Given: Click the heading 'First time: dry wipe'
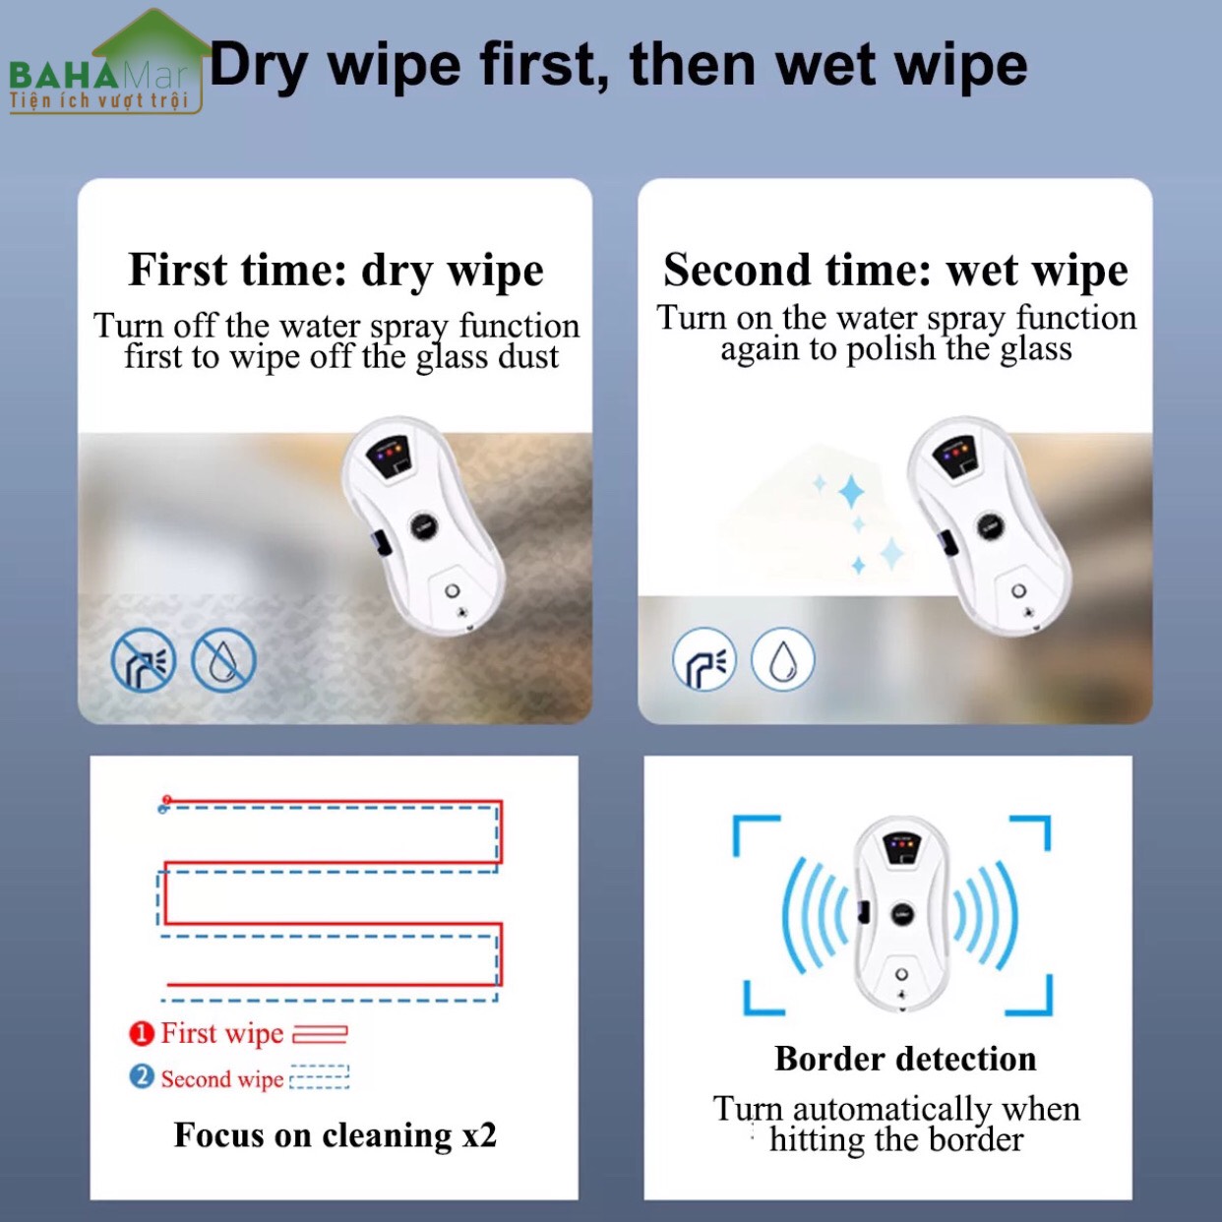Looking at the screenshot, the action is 336,271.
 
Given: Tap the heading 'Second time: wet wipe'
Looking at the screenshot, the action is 895,271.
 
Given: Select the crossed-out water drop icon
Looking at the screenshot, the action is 224,659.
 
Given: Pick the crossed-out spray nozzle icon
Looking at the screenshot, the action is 144,659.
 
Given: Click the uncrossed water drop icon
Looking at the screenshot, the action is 782,659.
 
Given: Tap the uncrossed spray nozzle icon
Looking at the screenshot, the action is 703,659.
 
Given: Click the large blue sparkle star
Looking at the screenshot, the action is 851,492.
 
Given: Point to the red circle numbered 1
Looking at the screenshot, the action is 142,1034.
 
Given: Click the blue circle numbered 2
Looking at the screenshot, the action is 142,1076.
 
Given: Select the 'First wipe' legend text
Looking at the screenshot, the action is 222,1033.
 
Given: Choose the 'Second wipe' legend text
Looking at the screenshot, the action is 222,1078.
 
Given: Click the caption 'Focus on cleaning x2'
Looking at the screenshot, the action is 336,1134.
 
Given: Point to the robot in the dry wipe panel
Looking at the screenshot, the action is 424,526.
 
